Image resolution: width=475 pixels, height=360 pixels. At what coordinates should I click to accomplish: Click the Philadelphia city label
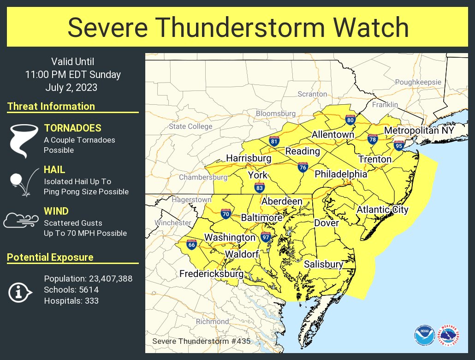tap(341, 174)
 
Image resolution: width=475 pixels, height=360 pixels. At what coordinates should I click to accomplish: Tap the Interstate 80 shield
tap(350, 120)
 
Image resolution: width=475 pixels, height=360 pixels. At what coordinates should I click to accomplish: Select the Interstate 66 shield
tap(191, 244)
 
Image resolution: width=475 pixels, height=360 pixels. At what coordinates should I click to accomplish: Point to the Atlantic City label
tap(382, 210)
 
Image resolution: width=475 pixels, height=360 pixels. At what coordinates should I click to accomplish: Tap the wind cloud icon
tap(20, 221)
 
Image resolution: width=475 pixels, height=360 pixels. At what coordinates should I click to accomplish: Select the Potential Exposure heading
tap(50, 258)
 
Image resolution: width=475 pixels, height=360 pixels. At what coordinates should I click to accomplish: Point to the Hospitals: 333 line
tap(71, 301)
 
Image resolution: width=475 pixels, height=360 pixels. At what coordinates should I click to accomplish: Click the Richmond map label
tap(212, 321)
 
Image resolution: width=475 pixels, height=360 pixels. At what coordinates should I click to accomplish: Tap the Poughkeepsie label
tap(418, 82)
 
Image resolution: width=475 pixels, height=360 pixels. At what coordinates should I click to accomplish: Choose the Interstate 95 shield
tap(399, 146)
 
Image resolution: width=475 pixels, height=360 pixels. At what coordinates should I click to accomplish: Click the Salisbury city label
tap(323, 264)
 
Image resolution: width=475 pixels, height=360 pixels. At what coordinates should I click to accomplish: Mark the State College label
tap(190, 126)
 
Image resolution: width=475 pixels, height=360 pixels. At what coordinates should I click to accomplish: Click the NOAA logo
tap(423, 335)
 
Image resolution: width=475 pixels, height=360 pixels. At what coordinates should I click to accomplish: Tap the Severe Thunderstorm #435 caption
tap(201, 342)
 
